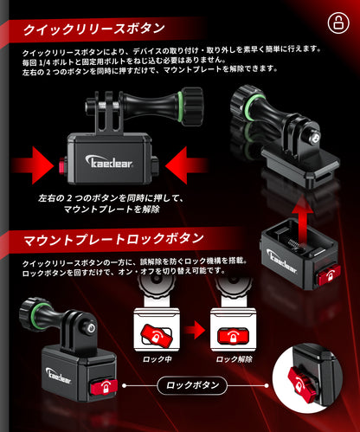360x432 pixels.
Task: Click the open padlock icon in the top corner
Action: point(338,23)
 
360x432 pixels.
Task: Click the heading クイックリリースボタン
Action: point(93,29)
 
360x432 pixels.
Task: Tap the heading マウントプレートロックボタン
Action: point(113,240)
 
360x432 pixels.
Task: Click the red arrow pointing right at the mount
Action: point(33,165)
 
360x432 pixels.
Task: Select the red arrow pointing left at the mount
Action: point(186,165)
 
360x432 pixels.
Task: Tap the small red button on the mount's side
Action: point(62,165)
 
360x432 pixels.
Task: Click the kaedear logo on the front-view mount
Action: point(109,161)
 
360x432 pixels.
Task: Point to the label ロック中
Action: point(157,359)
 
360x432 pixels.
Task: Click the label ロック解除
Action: point(234,359)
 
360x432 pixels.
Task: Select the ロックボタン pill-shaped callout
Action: point(192,385)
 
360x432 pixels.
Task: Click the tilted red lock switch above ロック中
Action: point(157,335)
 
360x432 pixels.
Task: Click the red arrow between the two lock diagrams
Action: point(195,329)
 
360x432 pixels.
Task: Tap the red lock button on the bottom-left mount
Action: point(104,387)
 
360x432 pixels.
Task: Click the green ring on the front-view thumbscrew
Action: point(180,107)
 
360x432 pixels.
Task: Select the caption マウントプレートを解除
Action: point(112,210)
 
